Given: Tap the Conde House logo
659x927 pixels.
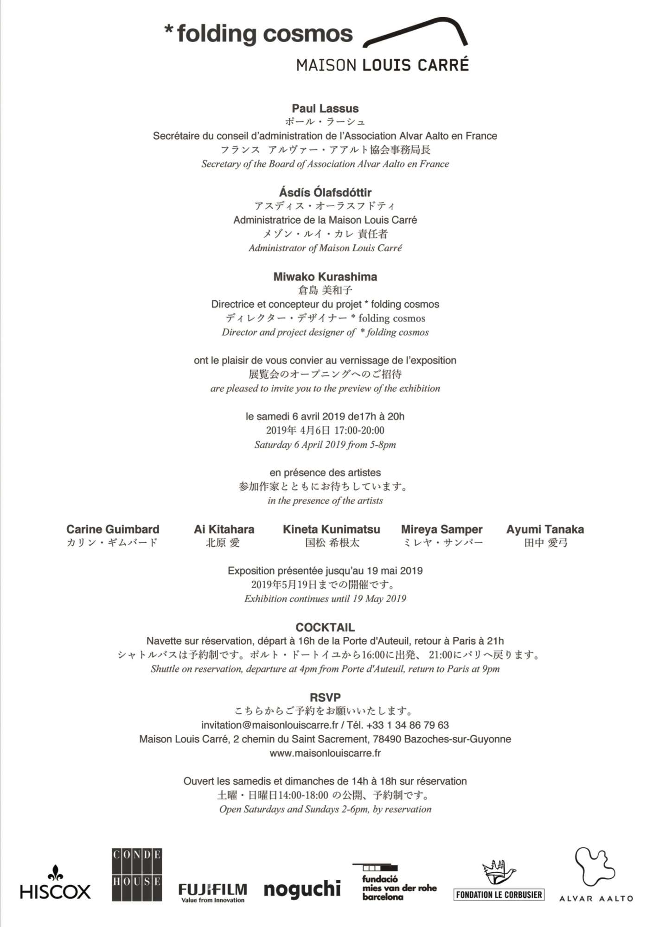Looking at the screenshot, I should pyautogui.click(x=137, y=875).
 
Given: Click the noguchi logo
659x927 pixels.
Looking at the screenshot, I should pyautogui.click(x=302, y=889).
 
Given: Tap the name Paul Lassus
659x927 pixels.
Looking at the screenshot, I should pyautogui.click(x=325, y=108).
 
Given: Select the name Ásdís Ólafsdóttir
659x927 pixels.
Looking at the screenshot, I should pyautogui.click(x=325, y=192).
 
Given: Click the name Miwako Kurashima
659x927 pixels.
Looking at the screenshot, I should pyautogui.click(x=325, y=277).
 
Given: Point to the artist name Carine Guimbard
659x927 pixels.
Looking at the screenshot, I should pyautogui.click(x=113, y=529).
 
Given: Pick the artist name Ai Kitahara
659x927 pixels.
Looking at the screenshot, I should pyautogui.click(x=224, y=529).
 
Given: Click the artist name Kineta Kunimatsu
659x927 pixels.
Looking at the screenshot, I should pyautogui.click(x=332, y=529).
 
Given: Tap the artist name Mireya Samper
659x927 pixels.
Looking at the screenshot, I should pyautogui.click(x=441, y=529).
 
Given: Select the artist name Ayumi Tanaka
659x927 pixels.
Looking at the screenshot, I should pyautogui.click(x=545, y=529).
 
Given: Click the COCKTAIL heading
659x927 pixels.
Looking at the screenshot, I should pyautogui.click(x=325, y=627).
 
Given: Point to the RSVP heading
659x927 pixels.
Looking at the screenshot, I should pyautogui.click(x=325, y=697).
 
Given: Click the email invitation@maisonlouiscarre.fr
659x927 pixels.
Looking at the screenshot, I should pyautogui.click(x=269, y=725).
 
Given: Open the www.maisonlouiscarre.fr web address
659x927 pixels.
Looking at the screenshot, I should pyautogui.click(x=325, y=753).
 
